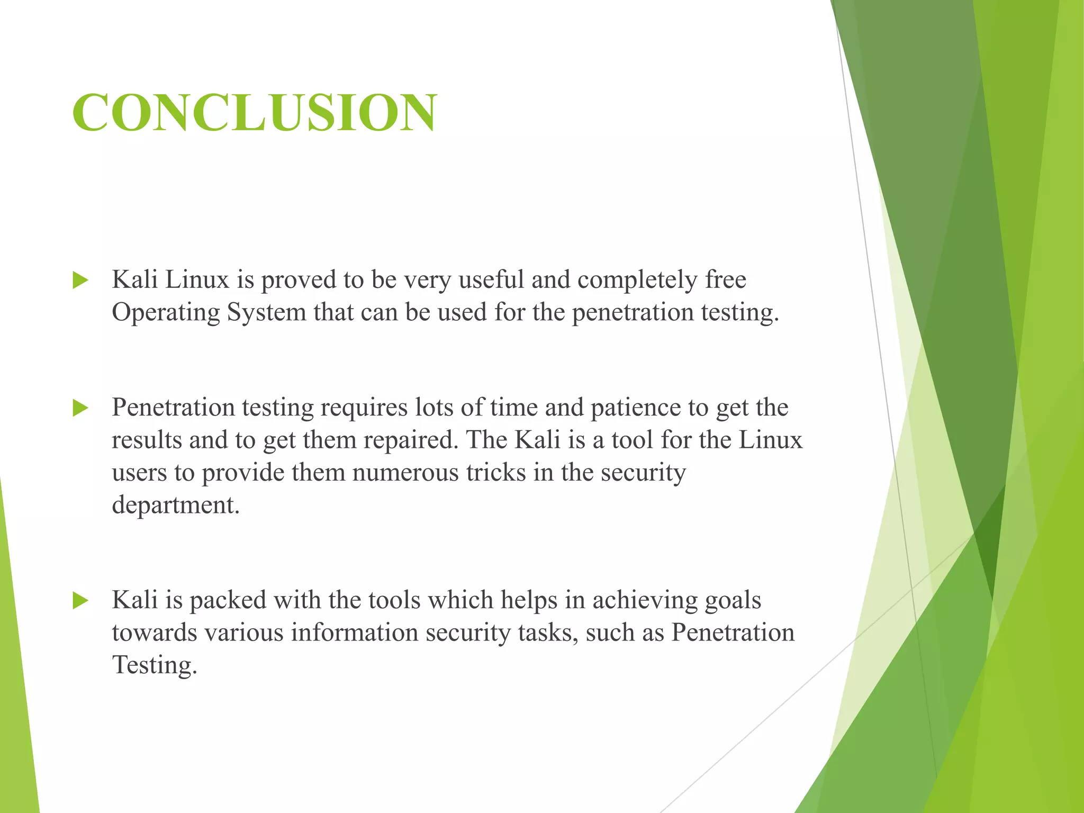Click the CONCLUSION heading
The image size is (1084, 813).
[x=255, y=112]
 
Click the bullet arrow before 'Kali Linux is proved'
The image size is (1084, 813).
[x=80, y=280]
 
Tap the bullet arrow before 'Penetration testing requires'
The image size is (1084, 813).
[x=80, y=408]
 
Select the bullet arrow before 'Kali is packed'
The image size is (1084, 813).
[x=80, y=601]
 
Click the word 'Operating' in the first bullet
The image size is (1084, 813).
[x=166, y=312]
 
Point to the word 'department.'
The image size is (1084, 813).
[x=176, y=505]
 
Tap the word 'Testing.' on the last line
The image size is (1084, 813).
[x=155, y=666]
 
